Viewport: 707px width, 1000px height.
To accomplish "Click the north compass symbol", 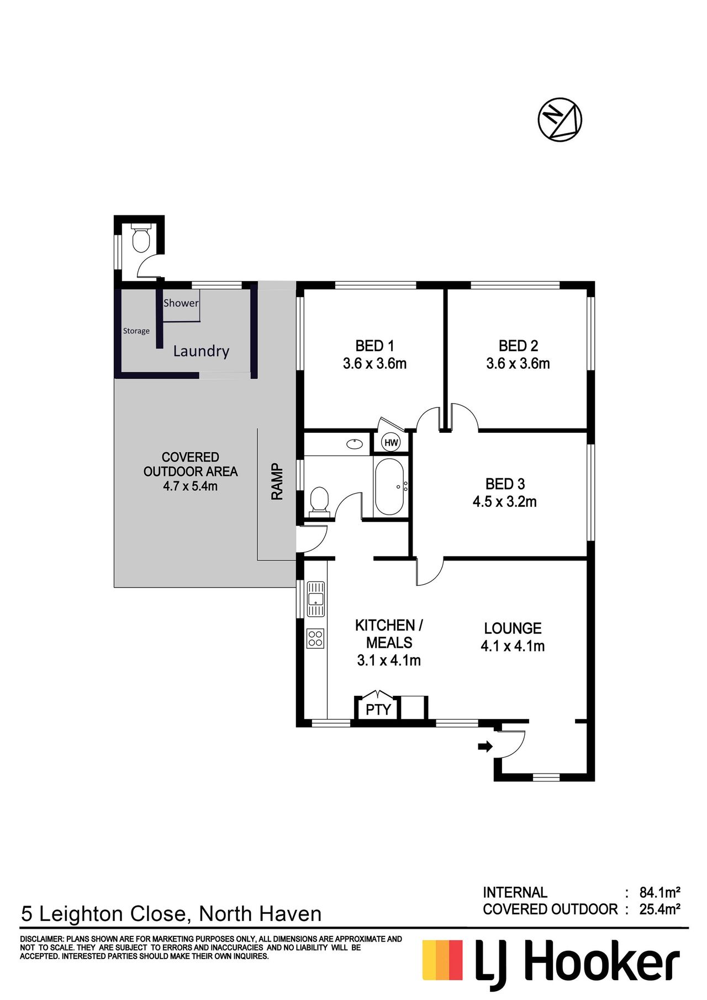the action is pyautogui.click(x=560, y=120).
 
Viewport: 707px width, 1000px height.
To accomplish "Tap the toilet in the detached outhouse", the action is pyautogui.click(x=141, y=238).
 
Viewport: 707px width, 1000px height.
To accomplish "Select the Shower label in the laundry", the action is pyautogui.click(x=181, y=303).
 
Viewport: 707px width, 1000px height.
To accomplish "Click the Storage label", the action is pyautogui.click(x=136, y=331).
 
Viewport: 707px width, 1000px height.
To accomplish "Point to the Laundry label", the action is pyautogui.click(x=201, y=351).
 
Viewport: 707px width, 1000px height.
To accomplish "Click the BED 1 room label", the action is pyautogui.click(x=374, y=346).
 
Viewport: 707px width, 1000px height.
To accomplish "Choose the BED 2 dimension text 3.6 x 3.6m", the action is pyautogui.click(x=518, y=363).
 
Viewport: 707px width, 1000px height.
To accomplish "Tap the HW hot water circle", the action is pyautogui.click(x=391, y=442).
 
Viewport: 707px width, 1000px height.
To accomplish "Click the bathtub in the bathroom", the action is pyautogui.click(x=390, y=486).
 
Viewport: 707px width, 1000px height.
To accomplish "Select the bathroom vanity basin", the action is pyautogui.click(x=354, y=443).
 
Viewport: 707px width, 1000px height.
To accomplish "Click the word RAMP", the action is pyautogui.click(x=277, y=482).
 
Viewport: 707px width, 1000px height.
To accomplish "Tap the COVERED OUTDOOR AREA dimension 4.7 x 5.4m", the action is pyautogui.click(x=190, y=486).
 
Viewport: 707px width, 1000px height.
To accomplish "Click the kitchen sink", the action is pyautogui.click(x=316, y=599).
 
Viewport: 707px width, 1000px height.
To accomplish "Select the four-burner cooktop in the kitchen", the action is pyautogui.click(x=315, y=639).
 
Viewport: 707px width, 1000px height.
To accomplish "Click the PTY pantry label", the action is pyautogui.click(x=378, y=710).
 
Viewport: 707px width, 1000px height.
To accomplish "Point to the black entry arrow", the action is pyautogui.click(x=485, y=747).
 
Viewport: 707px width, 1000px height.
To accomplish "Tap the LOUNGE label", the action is pyautogui.click(x=513, y=628).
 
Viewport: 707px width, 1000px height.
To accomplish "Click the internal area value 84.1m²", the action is pyautogui.click(x=659, y=892).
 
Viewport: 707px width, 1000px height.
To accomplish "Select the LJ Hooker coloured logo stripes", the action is pyautogui.click(x=442, y=960).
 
